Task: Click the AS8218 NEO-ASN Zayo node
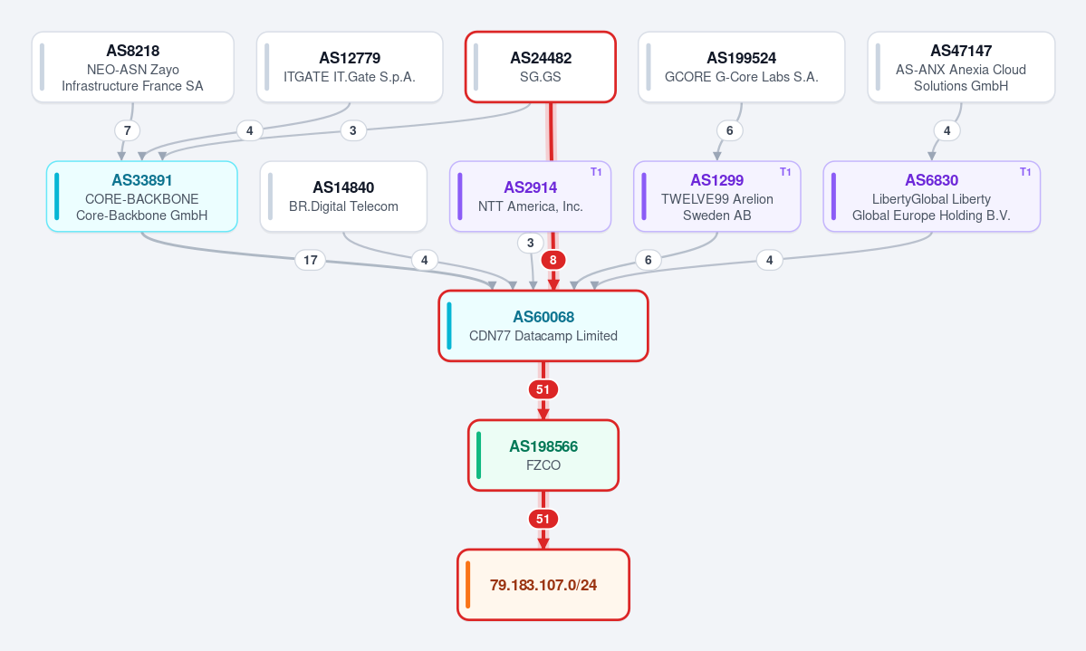point(133,67)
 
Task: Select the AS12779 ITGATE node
point(350,67)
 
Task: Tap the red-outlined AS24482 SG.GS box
point(540,67)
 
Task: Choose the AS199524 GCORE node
point(741,67)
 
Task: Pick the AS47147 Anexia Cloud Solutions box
point(961,67)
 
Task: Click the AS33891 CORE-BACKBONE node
point(142,196)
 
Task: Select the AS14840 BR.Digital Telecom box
point(343,196)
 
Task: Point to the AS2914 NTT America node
point(531,196)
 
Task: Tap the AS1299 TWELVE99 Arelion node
point(716,196)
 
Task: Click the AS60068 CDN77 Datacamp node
point(543,326)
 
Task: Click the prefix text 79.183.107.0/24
point(543,585)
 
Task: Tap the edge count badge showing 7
point(128,130)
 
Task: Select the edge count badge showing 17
point(311,260)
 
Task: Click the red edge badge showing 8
point(553,260)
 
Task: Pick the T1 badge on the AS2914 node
point(596,172)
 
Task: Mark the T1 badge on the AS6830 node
point(1025,172)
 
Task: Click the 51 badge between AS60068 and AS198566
point(543,389)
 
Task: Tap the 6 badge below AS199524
point(729,130)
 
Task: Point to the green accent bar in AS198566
point(478,455)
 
